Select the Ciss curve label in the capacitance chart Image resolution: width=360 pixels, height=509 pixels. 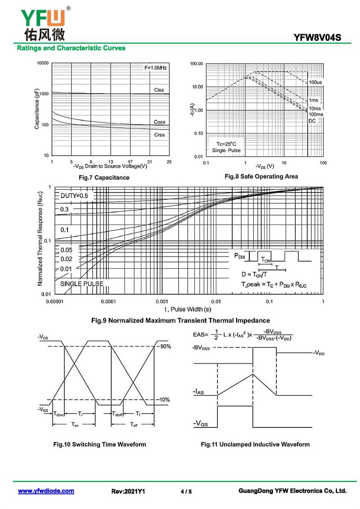(159, 90)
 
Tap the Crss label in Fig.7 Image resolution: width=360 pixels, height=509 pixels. (159, 135)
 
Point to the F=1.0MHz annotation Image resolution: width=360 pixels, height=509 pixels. (155, 68)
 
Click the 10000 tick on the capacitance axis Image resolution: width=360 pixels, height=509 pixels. (43, 63)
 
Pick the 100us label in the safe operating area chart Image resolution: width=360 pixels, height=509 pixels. (315, 83)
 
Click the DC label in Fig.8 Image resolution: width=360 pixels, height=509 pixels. (312, 121)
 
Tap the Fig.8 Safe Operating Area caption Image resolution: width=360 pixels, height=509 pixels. (261, 176)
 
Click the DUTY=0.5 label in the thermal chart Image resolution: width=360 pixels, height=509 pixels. (74, 196)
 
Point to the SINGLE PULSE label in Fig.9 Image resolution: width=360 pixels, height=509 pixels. (81, 284)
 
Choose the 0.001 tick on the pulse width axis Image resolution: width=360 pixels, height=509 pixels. (162, 301)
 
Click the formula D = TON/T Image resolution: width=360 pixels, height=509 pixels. (254, 275)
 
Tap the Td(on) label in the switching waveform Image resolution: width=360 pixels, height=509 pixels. (59, 414)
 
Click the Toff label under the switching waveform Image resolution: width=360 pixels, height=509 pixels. (134, 424)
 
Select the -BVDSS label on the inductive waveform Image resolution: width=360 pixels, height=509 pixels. (201, 348)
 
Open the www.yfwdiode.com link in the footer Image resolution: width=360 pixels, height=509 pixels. (46, 491)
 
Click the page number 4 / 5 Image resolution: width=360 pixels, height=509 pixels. (186, 491)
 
